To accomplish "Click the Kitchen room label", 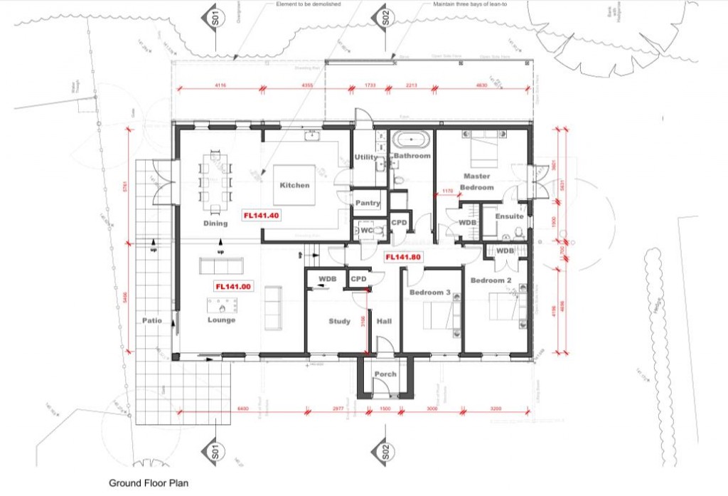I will click(x=294, y=185).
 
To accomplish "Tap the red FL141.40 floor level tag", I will click(x=262, y=216).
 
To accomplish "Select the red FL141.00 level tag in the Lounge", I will click(x=233, y=287).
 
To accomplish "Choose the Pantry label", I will click(x=368, y=204).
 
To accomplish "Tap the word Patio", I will click(x=151, y=321).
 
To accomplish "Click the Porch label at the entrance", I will click(x=385, y=374).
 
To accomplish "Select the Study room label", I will click(x=339, y=322).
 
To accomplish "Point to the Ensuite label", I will click(x=509, y=216).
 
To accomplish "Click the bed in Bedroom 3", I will click(x=439, y=315).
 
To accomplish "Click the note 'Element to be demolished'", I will click(x=309, y=4).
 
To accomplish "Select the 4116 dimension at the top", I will click(x=220, y=85).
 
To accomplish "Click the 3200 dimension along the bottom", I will click(x=496, y=409).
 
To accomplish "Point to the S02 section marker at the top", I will click(x=385, y=18).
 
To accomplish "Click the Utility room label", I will click(x=365, y=157).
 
